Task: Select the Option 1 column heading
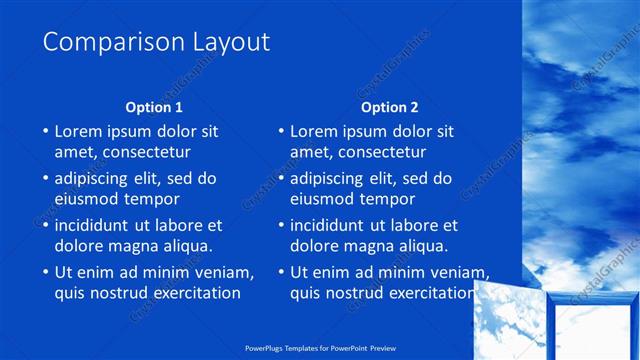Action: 154,107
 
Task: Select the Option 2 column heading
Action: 390,107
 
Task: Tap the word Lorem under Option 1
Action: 78,131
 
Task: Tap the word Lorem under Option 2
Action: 314,131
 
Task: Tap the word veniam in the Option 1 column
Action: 225,272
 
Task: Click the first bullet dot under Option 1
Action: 44,132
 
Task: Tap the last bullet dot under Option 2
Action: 280,273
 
